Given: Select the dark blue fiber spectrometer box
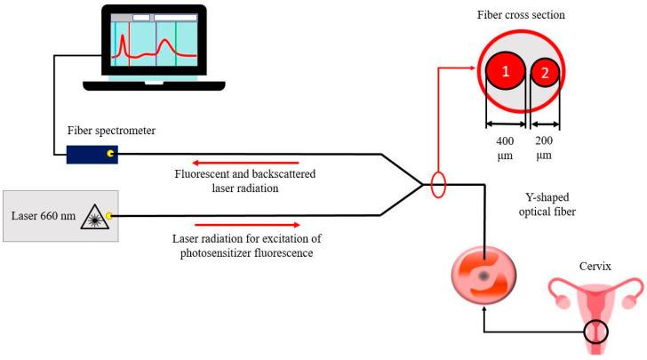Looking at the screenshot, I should (91, 154).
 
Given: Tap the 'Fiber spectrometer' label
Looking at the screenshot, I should (111, 132).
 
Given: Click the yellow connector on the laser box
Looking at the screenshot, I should (109, 215).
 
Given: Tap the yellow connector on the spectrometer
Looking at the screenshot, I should (110, 154).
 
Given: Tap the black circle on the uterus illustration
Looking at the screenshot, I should (594, 333).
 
